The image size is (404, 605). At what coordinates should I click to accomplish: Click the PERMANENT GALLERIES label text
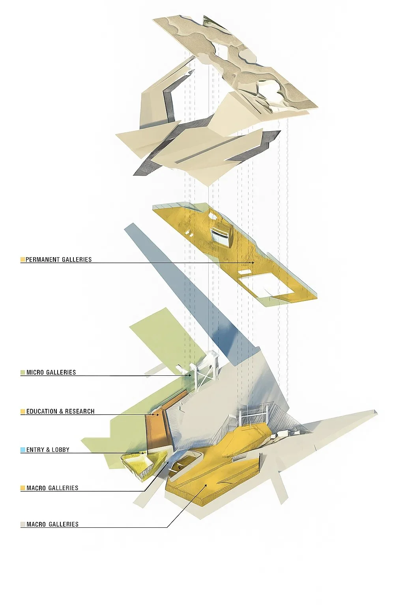click(58, 260)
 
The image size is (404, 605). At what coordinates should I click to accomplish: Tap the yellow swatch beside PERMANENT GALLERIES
click(22, 260)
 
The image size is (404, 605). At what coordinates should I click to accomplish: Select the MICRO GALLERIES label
click(51, 372)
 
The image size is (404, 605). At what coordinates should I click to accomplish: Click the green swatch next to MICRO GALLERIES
click(22, 372)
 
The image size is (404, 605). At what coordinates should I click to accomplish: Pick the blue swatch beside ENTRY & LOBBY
click(22, 449)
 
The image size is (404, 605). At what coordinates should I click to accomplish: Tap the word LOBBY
click(60, 449)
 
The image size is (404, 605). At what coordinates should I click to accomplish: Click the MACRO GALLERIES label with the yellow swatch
click(52, 488)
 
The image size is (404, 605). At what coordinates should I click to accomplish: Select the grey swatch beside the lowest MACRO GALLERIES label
click(22, 524)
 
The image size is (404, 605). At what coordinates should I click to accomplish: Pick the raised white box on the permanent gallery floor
click(220, 236)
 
